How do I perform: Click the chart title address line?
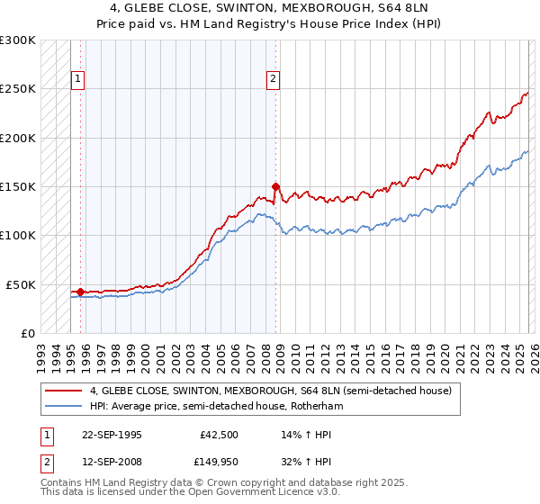270,8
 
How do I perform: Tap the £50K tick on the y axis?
21,284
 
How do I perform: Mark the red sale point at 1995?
80,292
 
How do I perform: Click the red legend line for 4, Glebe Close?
64,391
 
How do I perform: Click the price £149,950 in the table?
220,463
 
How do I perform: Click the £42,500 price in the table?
220,434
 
